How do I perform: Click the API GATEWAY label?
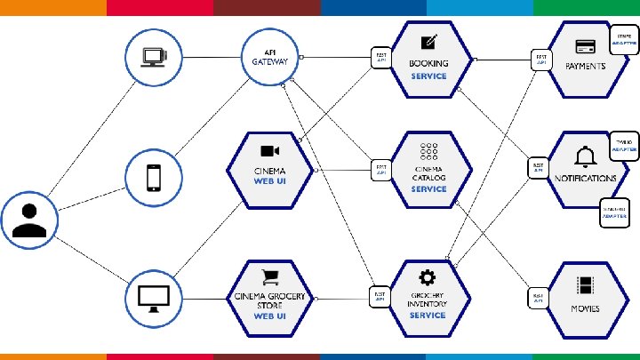coord(270,57)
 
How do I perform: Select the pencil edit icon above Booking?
coord(428,42)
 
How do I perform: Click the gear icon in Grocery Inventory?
coord(428,276)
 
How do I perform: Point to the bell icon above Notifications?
coord(585,157)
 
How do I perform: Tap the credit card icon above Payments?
coord(585,46)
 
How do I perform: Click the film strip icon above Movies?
coord(585,286)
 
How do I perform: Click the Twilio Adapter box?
coord(624,146)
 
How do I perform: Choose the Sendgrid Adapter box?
coord(614,213)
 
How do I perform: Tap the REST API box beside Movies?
coord(538,299)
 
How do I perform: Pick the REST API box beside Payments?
coord(540,60)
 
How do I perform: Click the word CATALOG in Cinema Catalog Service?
coord(428,177)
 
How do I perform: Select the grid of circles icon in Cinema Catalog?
coord(428,153)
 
